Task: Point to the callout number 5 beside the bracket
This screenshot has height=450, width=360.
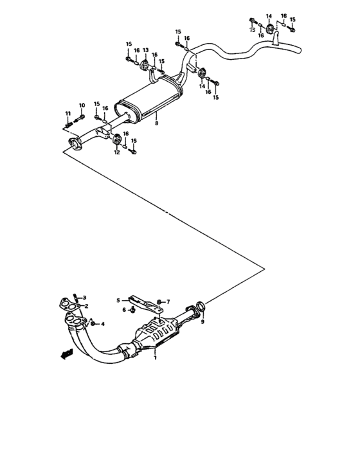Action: click(x=118, y=300)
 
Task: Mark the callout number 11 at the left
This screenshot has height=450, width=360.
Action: click(x=67, y=114)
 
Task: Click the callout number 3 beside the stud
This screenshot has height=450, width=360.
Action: click(x=84, y=298)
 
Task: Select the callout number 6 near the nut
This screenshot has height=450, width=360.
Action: click(x=124, y=310)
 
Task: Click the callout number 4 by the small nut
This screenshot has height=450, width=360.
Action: click(x=102, y=323)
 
